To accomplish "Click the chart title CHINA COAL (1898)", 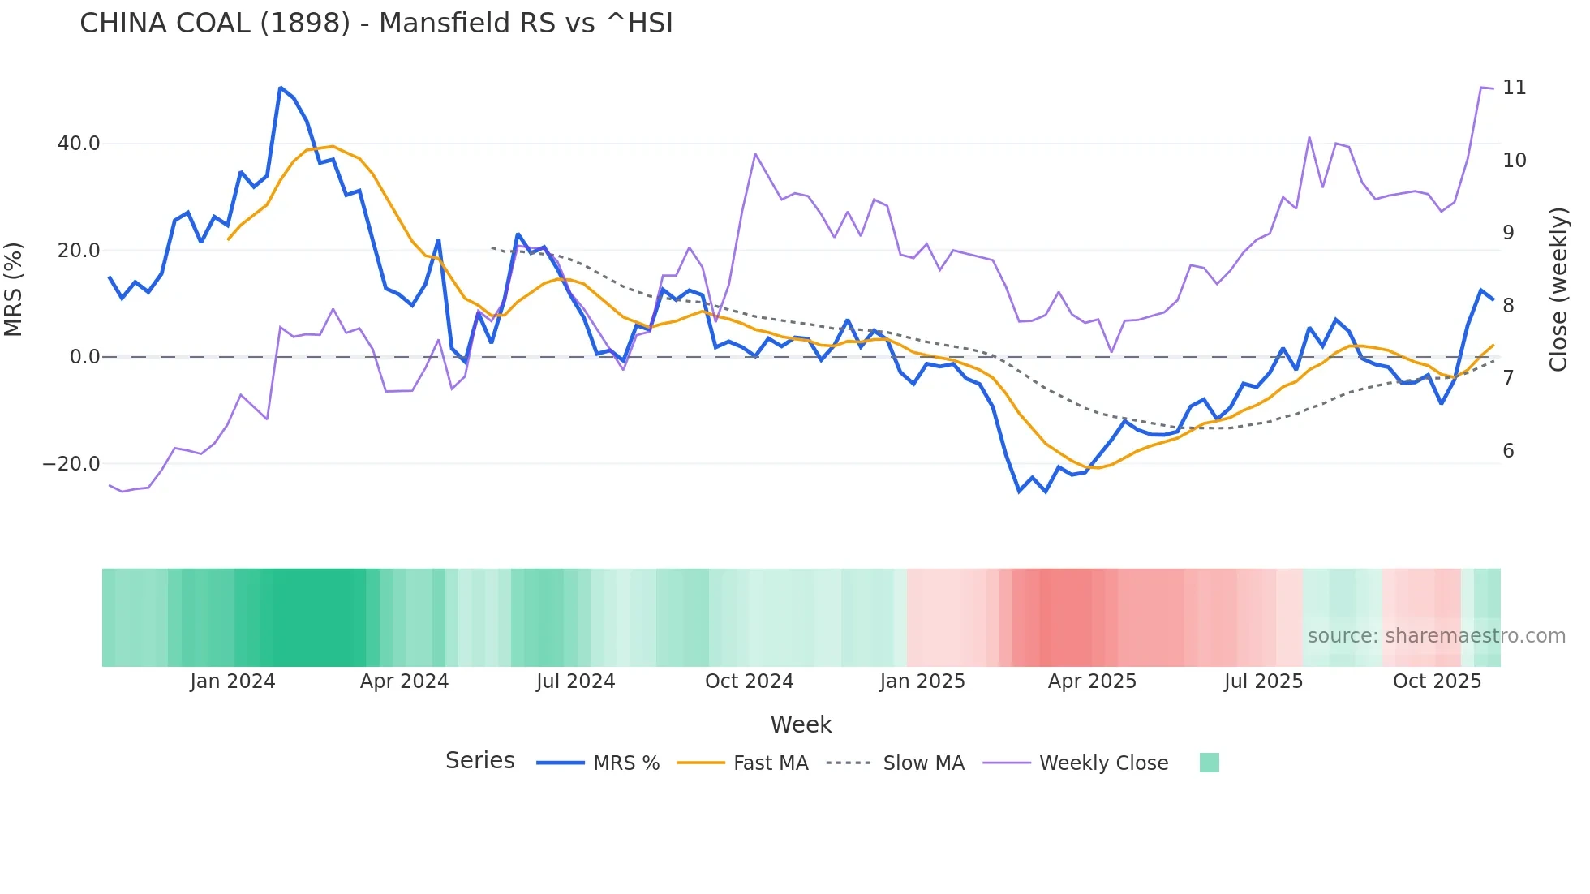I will tap(376, 24).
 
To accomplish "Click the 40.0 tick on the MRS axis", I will tap(79, 144).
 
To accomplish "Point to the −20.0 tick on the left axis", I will tap(71, 464).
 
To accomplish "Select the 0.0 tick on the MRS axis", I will tap(85, 357).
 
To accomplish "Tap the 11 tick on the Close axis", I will tap(1514, 88).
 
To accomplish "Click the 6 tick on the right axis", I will tap(1508, 451).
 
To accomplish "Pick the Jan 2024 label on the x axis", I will tap(233, 681).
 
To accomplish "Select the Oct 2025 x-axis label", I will tap(1437, 681).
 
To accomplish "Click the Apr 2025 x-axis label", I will tap(1092, 681).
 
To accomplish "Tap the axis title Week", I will tap(801, 724).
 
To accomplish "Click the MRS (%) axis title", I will tap(14, 289).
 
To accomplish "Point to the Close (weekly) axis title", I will tap(1558, 289).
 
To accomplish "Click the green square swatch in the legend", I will tap(1209, 763).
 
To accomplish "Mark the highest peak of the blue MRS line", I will tap(281, 88).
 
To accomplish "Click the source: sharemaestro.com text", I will tap(1436, 636).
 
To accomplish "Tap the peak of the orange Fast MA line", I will tap(333, 147).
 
